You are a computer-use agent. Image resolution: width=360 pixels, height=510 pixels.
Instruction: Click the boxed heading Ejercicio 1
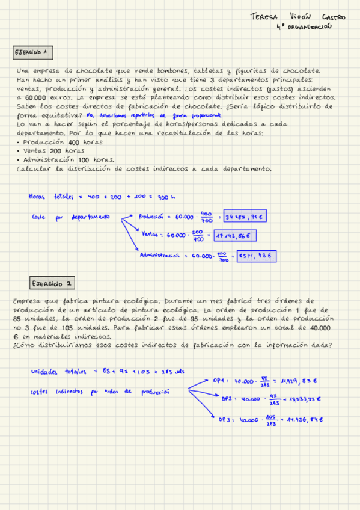point(34,53)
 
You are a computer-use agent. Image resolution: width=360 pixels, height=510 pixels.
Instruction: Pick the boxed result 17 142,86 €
point(234,236)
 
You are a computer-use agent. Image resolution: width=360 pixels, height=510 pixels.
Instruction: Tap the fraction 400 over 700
point(207,217)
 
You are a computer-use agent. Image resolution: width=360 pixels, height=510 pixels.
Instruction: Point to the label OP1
point(218,380)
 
